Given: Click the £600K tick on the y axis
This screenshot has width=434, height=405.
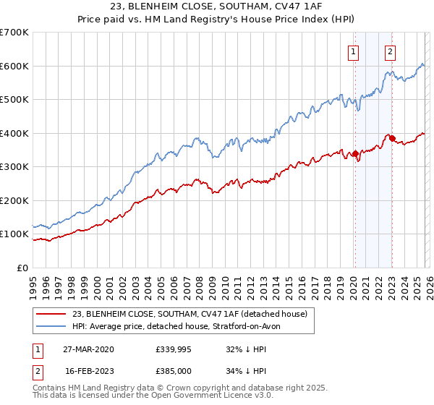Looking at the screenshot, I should (14, 66).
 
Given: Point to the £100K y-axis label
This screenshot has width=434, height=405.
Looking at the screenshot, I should (14, 234).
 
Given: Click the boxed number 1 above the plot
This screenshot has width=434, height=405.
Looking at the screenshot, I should (354, 51).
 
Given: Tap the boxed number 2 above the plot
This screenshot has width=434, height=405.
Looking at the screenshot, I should (390, 51).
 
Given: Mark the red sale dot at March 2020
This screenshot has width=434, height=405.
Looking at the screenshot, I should (355, 153).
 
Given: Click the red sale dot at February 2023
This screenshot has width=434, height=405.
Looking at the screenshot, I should (391, 138).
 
